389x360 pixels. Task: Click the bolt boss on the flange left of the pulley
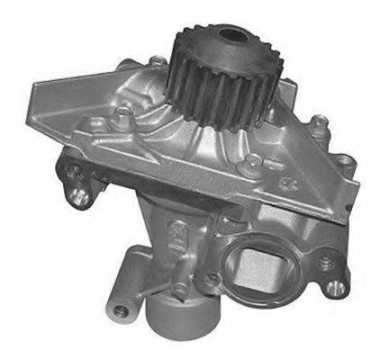(122, 115)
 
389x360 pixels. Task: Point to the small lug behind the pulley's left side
(158, 62)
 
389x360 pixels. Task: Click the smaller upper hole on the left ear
(72, 169)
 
